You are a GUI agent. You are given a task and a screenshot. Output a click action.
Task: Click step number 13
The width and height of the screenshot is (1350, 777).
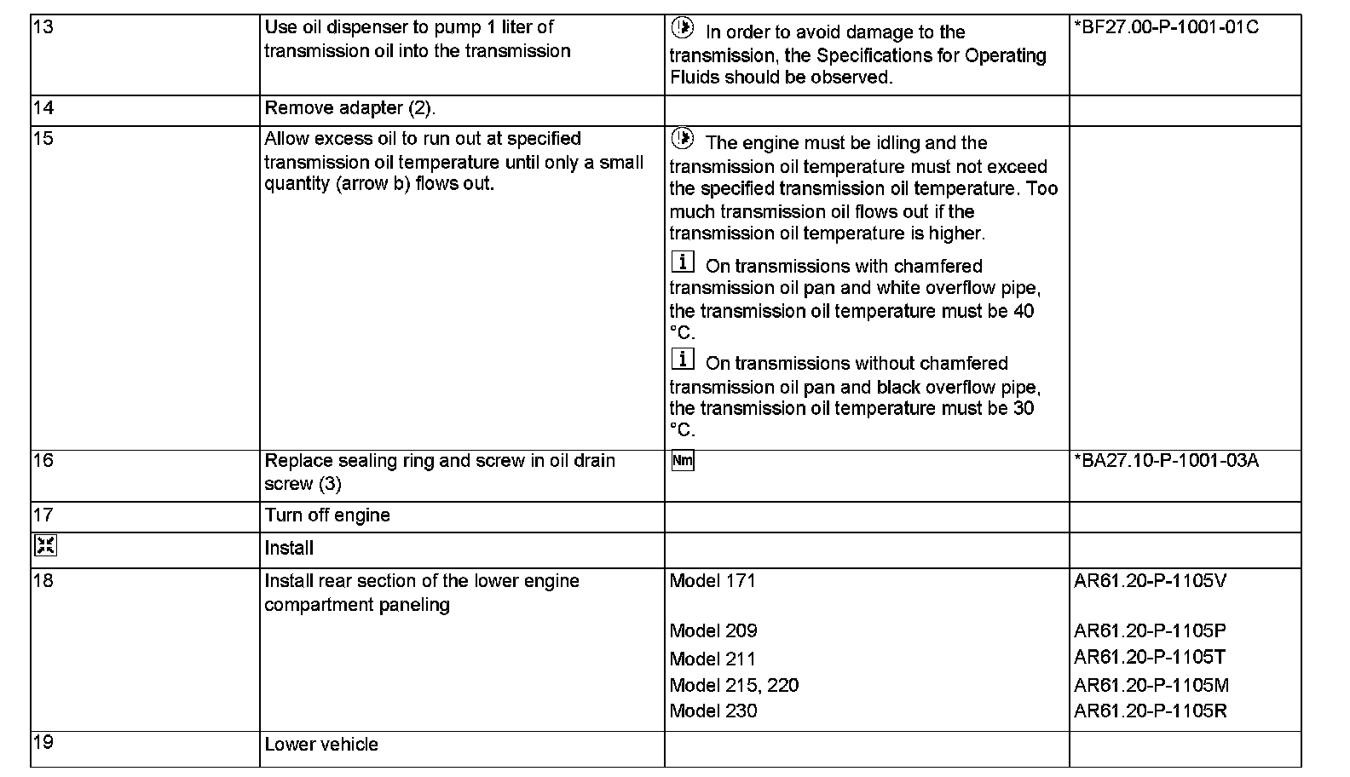[x=43, y=27]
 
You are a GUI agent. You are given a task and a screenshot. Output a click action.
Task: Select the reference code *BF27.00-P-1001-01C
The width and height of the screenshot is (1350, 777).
[x=1166, y=27]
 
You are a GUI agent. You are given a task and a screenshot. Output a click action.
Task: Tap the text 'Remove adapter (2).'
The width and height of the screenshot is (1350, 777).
[x=350, y=108]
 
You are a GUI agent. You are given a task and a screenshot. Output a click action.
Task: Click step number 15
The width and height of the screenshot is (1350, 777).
[x=43, y=139]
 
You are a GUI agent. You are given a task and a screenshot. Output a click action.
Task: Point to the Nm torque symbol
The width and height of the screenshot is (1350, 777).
[x=683, y=461]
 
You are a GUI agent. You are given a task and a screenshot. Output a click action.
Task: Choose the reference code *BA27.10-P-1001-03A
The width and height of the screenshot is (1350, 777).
[x=1166, y=461]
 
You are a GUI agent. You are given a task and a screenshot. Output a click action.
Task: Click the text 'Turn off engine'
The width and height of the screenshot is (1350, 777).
[x=327, y=515]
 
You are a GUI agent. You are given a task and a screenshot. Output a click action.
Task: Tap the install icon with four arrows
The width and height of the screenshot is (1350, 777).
[x=45, y=546]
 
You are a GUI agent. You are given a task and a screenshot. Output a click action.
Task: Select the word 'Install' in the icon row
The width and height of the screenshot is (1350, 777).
[x=289, y=548]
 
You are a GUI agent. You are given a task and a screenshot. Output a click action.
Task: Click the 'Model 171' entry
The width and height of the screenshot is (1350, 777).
[x=712, y=581]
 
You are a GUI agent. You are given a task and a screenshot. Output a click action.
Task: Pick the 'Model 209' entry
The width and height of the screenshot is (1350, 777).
[x=713, y=631]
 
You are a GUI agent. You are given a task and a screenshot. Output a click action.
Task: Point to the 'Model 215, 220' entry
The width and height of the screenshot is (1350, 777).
[x=734, y=686]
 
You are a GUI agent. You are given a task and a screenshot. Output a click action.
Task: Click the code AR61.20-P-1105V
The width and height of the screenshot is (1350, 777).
[x=1151, y=581]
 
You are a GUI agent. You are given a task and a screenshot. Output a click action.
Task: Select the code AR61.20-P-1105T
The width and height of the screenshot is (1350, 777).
[x=1150, y=657]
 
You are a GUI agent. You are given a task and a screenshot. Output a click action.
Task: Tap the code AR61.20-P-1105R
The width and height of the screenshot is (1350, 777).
[x=1151, y=711]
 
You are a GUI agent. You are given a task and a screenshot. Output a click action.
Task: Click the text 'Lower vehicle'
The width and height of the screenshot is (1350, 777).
[x=321, y=745]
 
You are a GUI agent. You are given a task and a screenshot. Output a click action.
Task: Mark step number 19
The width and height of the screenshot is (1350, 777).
[x=43, y=742]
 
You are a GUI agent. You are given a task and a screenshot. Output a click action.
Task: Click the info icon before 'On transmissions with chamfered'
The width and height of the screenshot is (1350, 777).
[x=683, y=262]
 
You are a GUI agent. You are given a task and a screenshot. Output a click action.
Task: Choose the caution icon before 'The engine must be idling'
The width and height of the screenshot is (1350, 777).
[x=683, y=139]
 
